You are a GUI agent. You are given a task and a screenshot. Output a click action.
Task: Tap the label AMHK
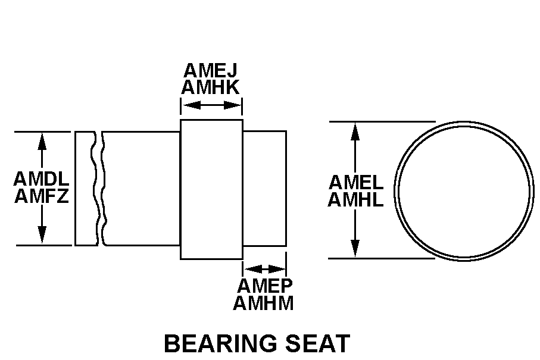211,88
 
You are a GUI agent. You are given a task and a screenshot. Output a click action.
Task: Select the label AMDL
41,179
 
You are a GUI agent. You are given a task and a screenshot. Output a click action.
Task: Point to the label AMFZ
41,195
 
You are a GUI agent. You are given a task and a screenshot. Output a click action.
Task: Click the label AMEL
355,182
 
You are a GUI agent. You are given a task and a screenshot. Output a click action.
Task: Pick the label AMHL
355,199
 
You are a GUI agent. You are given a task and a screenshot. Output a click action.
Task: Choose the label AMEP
264,286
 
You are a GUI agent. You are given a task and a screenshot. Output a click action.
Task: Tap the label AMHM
264,303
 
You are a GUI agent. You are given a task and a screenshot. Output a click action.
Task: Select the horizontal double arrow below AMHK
211,105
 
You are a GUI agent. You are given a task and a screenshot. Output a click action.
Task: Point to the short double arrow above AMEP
264,269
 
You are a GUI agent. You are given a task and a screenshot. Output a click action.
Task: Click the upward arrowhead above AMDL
42,140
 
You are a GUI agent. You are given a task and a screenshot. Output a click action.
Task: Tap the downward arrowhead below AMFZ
42,236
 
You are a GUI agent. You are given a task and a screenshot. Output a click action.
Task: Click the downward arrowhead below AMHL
355,249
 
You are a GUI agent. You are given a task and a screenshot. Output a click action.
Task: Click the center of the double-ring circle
464,190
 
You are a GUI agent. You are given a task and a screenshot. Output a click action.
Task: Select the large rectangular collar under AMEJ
211,189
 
